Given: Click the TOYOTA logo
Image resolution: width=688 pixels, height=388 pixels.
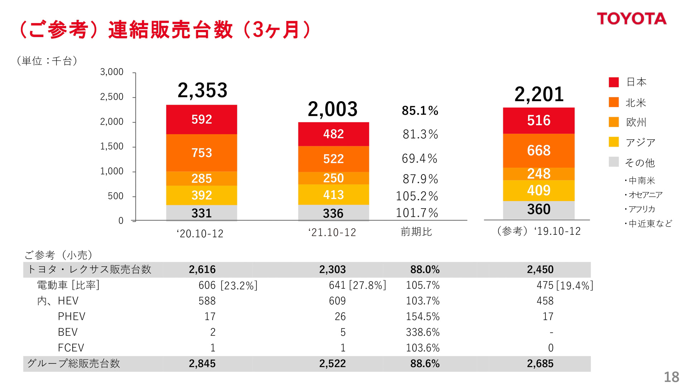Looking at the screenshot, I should [631, 19].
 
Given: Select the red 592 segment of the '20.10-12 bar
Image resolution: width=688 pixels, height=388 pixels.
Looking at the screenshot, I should [201, 120].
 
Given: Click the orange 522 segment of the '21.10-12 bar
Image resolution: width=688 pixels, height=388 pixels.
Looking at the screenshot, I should [333, 159].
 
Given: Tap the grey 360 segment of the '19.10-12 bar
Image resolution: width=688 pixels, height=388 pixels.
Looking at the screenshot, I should [539, 210].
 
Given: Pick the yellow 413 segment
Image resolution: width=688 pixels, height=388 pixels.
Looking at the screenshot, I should [333, 195].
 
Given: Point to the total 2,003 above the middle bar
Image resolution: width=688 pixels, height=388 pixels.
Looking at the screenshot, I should [333, 109].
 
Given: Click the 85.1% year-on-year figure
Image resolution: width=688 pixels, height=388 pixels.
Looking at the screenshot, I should [420, 111].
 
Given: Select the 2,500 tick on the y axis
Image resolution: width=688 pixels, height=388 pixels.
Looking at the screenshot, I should [112, 97].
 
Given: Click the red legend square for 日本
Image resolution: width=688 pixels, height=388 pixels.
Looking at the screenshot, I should [614, 82].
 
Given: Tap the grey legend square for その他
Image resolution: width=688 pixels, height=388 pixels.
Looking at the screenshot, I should [614, 162].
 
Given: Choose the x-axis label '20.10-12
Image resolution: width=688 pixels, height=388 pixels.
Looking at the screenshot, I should [200, 234].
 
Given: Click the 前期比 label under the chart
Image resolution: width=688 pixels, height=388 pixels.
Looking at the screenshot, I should [416, 232].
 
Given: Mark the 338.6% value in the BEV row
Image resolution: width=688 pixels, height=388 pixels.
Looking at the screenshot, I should [422, 332].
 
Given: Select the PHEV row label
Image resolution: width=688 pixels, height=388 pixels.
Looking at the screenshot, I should [72, 317].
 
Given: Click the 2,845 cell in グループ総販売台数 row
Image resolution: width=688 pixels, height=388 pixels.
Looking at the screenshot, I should [202, 364].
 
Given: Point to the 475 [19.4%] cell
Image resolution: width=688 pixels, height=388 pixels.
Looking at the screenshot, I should [565, 285].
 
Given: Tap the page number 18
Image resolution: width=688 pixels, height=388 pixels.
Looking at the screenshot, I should [671, 377].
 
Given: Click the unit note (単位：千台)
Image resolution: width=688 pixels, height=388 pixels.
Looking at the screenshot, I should [47, 61].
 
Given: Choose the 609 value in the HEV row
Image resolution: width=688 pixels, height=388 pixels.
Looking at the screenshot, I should [337, 301].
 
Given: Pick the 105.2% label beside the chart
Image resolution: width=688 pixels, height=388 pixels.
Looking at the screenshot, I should [417, 196].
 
